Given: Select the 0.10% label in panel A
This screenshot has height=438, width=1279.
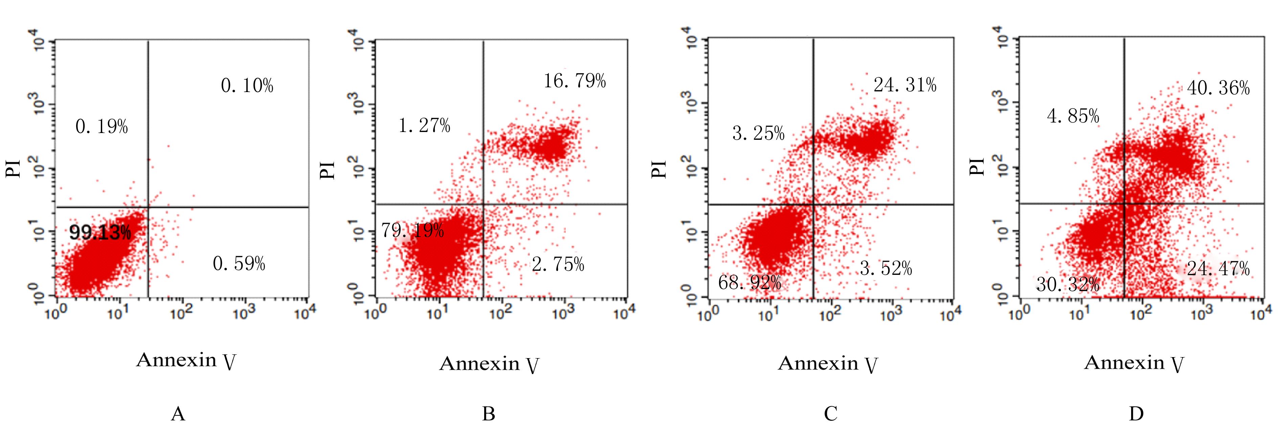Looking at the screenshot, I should (x=247, y=86).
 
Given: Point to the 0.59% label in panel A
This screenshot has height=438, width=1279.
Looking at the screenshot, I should (x=239, y=263).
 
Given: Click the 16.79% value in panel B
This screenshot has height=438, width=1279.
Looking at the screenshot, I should (x=575, y=81).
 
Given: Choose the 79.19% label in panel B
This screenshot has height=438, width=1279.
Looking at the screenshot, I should (x=412, y=231).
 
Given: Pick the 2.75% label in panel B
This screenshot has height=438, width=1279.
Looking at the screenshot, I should (x=558, y=264).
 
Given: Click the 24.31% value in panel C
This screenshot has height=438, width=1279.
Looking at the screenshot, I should (x=905, y=85).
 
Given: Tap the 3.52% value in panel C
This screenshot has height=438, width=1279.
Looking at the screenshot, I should (x=886, y=269).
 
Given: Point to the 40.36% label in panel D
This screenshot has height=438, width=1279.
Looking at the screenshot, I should (x=1218, y=88).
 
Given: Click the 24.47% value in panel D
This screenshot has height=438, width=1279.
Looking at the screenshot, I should (x=1218, y=269).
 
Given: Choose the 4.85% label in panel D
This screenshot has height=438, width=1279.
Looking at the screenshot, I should (x=1073, y=116).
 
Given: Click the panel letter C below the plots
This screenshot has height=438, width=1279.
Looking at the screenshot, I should (x=830, y=414).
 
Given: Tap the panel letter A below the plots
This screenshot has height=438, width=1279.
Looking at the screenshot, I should (x=178, y=414).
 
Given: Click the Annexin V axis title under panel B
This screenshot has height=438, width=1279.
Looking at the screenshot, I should (x=489, y=364).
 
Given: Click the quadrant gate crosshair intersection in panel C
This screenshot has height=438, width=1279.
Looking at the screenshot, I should (x=813, y=204).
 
